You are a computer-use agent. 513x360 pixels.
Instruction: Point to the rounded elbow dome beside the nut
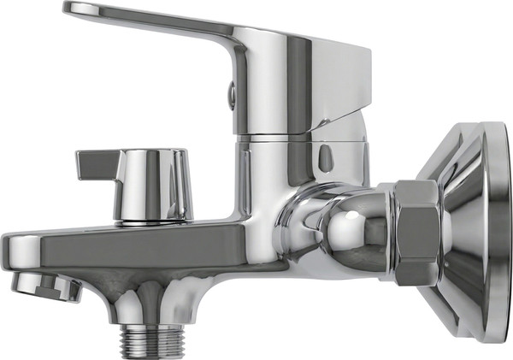[351, 235]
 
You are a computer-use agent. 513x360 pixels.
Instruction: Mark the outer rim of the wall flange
[497, 231]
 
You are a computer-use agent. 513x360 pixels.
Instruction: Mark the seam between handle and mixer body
[291, 136]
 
